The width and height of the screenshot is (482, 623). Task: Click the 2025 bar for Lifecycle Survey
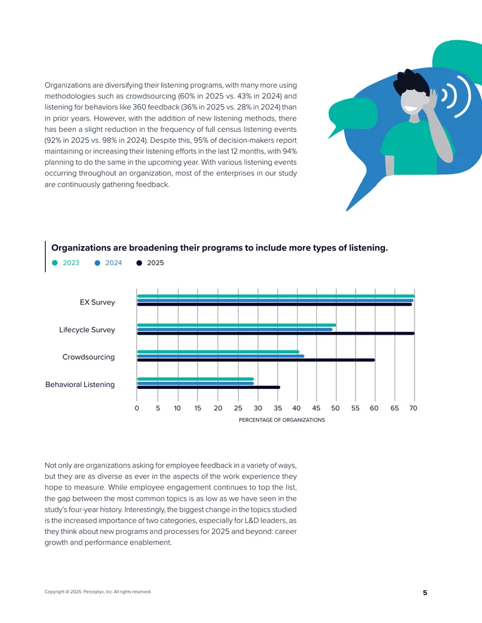coord(275,333)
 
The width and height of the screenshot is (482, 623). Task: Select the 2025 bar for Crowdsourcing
coord(255,360)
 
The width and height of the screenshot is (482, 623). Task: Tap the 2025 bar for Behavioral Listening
coord(208,388)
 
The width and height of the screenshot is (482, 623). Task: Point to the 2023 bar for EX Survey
coord(275,296)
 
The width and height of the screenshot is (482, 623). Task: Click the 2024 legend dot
coord(97,263)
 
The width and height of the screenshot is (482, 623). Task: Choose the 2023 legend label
coord(71,263)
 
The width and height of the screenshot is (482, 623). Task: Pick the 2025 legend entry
coord(150,263)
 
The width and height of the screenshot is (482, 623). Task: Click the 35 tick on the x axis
coord(278,408)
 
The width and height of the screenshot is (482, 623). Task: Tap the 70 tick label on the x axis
coord(413,408)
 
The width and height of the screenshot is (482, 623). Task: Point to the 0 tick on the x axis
coord(137,408)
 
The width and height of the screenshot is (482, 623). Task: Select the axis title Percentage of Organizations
coord(281,420)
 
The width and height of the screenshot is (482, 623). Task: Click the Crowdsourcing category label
coord(89,357)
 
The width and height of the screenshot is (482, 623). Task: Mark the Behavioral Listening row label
coord(80,384)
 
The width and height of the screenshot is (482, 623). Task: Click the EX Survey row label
coord(98,302)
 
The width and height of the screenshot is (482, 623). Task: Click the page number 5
coord(425,593)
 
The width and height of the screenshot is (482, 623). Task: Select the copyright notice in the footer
coord(98,592)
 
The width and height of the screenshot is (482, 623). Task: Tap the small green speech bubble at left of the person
coord(351,115)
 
